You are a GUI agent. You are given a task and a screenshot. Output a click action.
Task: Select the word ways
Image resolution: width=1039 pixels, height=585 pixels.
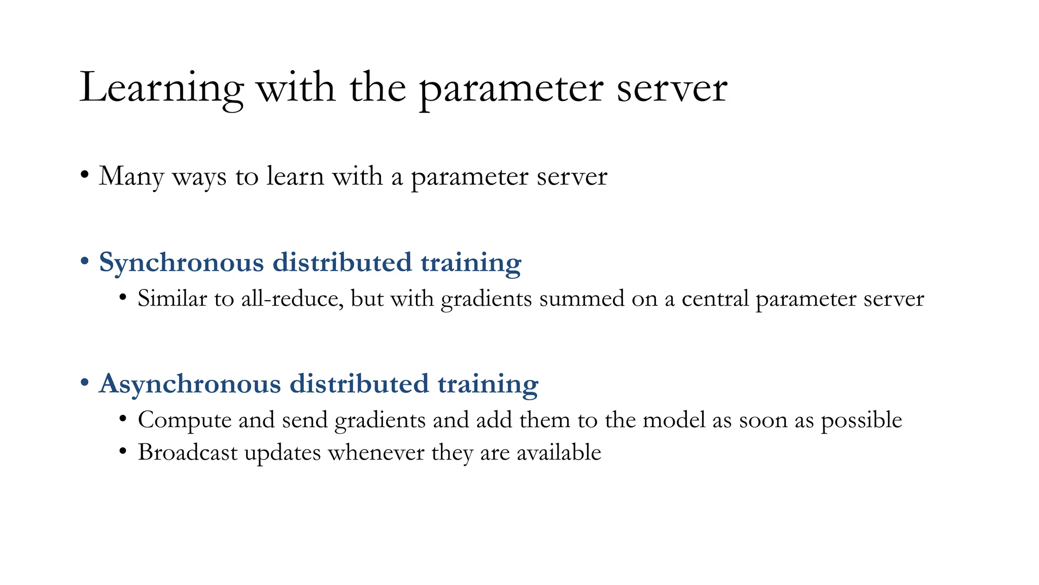click(x=199, y=178)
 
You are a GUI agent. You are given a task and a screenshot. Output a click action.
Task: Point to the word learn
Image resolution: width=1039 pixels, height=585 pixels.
click(x=295, y=176)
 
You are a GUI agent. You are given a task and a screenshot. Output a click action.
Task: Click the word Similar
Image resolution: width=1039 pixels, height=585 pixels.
click(x=172, y=299)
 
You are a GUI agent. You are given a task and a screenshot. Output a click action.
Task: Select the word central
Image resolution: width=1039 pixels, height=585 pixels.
click(x=715, y=299)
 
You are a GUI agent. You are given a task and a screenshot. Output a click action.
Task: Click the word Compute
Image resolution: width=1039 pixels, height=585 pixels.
click(x=185, y=420)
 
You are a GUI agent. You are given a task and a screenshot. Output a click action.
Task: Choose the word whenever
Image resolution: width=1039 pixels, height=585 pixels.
click(x=376, y=452)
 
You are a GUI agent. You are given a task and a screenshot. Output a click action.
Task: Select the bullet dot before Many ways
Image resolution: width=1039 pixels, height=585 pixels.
click(x=85, y=176)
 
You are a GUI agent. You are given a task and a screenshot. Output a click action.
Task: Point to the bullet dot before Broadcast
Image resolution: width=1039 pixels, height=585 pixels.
click(x=122, y=451)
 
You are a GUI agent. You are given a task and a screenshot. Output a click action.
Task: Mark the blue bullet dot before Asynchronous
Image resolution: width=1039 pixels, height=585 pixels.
click(x=85, y=383)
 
